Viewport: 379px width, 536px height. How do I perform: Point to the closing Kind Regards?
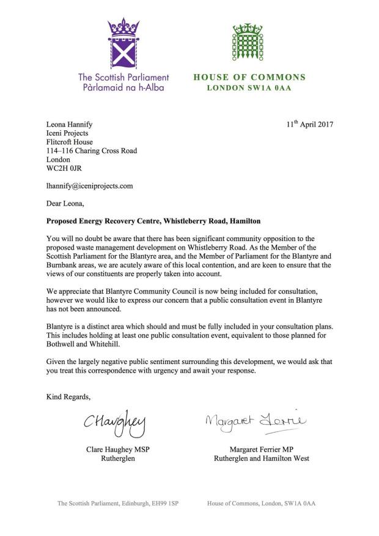(68, 397)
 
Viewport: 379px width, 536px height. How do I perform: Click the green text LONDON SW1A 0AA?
(249, 88)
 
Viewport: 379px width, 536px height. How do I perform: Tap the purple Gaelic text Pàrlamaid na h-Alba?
(123, 88)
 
